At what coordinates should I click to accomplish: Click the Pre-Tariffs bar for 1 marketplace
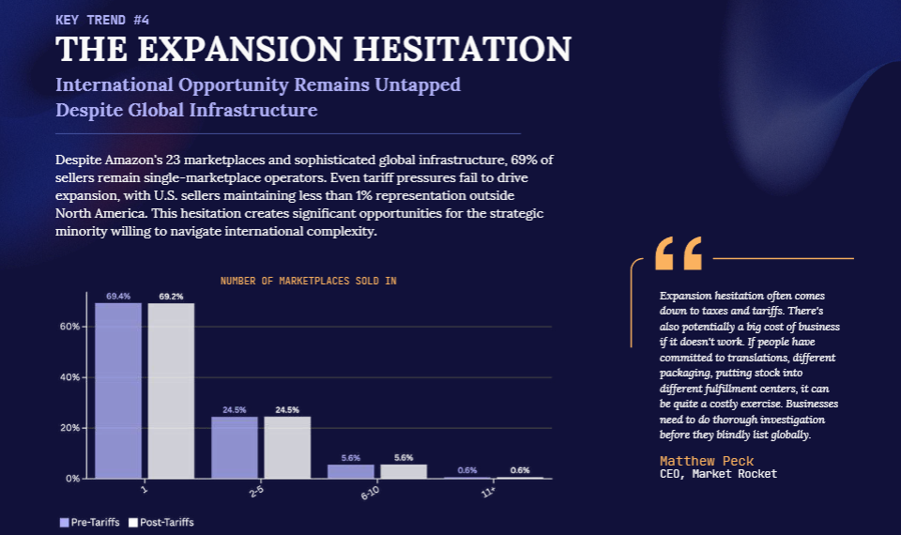point(118,390)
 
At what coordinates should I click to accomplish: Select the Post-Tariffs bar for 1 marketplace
point(171,390)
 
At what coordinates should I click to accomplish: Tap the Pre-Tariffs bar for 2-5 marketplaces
point(235,447)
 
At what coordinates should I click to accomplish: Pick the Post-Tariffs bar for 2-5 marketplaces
point(287,447)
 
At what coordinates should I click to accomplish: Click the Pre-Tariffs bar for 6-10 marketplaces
point(351,471)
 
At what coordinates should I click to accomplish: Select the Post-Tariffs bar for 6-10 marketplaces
point(404,471)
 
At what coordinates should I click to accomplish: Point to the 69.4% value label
point(118,297)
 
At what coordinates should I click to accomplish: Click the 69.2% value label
point(171,297)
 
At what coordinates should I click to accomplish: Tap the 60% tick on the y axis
point(71,327)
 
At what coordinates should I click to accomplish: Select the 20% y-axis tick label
point(71,428)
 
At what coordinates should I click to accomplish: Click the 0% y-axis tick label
point(73,479)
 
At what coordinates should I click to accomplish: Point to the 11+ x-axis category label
point(489,491)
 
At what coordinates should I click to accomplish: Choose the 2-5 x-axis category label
point(256,492)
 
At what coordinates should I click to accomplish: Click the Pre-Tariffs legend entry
point(90,522)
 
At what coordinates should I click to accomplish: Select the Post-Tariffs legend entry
point(161,522)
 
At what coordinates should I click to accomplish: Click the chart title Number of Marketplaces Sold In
point(308,281)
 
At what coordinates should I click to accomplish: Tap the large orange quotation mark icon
point(678,253)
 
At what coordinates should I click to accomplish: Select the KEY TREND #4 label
point(102,19)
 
